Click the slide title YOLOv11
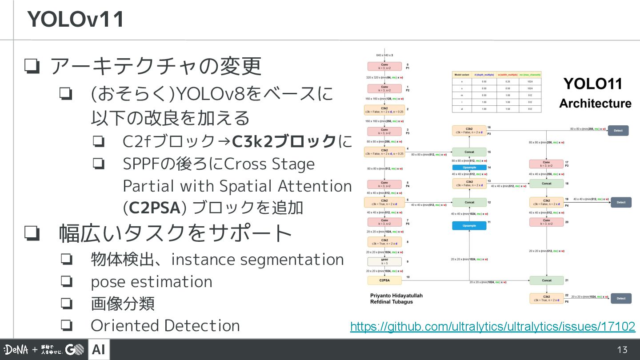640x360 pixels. click(x=76, y=20)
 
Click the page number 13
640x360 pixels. click(x=622, y=350)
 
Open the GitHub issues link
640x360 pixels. click(x=492, y=327)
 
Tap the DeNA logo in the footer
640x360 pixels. click(x=16, y=350)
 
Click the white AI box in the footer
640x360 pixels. click(x=99, y=350)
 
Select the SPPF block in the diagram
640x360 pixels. click(x=384, y=261)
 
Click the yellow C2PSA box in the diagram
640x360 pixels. click(x=384, y=280)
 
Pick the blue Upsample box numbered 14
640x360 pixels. click(x=469, y=168)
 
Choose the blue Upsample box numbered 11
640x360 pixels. click(x=469, y=226)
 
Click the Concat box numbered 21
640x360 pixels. click(x=546, y=280)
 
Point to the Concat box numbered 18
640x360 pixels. click(x=546, y=183)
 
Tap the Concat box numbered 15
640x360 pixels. click(x=469, y=152)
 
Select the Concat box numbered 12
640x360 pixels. click(x=469, y=202)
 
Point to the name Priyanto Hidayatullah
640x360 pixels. click(x=396, y=296)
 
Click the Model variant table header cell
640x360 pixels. click(x=462, y=75)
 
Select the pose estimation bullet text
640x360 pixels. click(x=151, y=282)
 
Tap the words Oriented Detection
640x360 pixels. click(x=165, y=325)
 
